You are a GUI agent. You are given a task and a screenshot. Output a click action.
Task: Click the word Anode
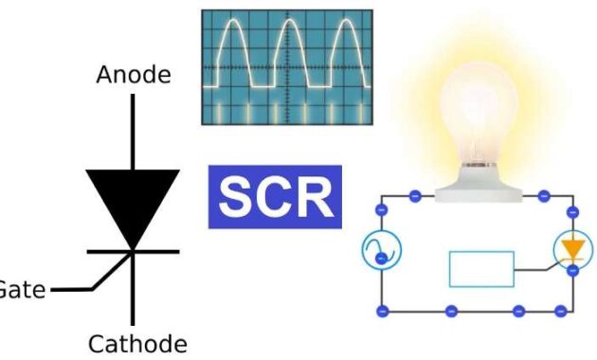click(x=134, y=75)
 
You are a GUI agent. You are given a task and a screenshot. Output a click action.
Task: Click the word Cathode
click(x=137, y=342)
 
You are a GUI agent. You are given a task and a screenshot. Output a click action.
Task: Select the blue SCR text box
click(x=275, y=198)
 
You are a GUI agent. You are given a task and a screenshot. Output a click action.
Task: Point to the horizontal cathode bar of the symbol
click(x=133, y=252)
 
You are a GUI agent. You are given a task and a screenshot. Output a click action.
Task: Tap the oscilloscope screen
click(x=286, y=67)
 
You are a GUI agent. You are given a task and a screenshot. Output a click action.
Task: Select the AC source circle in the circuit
click(x=382, y=250)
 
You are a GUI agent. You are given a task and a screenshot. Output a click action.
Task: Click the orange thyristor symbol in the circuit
click(x=571, y=249)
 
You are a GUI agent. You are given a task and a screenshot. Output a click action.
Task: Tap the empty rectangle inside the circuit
click(x=481, y=269)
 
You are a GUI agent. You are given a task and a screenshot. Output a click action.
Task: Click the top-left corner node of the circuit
click(x=382, y=197)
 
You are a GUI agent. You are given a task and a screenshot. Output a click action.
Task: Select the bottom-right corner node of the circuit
click(x=572, y=311)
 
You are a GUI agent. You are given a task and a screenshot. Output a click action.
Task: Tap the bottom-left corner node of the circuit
click(x=382, y=311)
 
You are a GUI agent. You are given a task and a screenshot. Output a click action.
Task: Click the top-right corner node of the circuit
click(x=572, y=197)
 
